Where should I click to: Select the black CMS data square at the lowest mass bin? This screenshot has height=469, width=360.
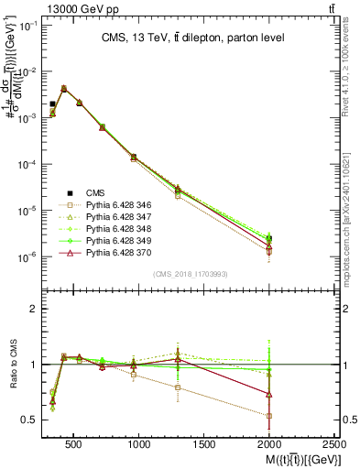pos(52,104)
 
